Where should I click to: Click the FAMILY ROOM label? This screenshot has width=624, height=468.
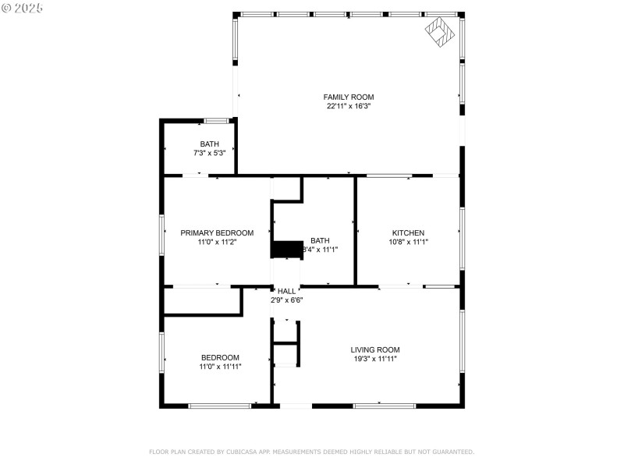349,97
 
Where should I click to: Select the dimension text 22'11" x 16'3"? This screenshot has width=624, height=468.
349,106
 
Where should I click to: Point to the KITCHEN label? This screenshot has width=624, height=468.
408,232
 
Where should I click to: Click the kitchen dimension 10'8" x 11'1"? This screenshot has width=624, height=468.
408,242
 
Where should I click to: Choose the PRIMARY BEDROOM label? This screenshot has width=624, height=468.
217,232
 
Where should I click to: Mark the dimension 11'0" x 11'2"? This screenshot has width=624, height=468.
217,242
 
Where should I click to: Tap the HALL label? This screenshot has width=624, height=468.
286,290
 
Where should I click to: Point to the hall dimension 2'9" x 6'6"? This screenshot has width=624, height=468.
286,300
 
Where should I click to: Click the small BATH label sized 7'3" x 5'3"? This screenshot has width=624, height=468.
209,144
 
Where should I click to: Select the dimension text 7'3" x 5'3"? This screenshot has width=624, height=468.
209,153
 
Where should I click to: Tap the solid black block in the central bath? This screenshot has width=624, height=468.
286,249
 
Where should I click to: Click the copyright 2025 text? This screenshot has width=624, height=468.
23,7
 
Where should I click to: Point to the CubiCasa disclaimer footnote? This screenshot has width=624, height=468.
311,452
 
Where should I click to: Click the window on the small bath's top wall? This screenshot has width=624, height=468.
216,121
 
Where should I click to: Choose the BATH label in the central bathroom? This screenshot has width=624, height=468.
320,240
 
